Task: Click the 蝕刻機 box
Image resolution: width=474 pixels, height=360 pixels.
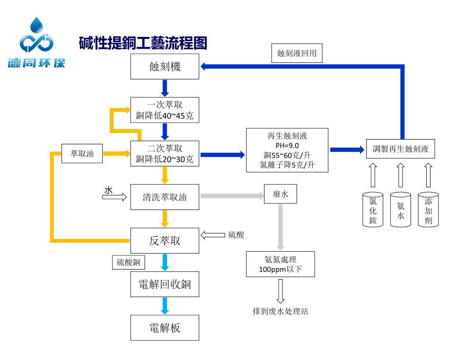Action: tap(165, 66)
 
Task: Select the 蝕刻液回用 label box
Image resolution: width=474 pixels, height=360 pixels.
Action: tap(297, 53)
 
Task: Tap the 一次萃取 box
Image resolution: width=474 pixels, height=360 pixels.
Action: tap(165, 110)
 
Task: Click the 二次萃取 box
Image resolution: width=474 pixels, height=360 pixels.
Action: tap(165, 154)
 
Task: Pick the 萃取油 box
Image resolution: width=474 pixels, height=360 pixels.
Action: tap(82, 154)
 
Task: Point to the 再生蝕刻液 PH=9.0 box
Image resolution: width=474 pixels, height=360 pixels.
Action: tap(287, 150)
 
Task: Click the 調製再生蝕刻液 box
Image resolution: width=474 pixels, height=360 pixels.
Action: tap(401, 149)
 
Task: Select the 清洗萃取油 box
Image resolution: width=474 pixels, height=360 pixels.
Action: tap(165, 197)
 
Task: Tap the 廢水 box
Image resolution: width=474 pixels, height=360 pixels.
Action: tap(281, 194)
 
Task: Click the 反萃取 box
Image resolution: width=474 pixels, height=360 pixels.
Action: tap(165, 240)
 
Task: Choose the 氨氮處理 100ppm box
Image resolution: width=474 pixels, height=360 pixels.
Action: tap(280, 264)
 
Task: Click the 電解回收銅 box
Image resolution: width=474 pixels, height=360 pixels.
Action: tap(165, 284)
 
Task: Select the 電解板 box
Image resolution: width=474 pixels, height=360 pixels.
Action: tap(165, 328)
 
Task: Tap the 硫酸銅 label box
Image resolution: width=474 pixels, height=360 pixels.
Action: tap(128, 263)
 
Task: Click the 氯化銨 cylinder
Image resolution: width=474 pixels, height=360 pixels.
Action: tap(373, 210)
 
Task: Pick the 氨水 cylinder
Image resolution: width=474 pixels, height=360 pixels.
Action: tap(401, 210)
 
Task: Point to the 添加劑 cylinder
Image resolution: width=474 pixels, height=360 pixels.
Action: tap(428, 210)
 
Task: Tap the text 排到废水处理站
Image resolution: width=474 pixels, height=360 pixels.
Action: tap(280, 311)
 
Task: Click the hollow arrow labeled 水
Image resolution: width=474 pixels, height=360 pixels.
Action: tap(115, 196)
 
